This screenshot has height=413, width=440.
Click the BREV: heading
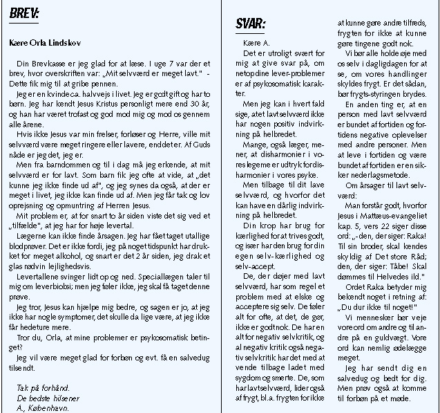click(24, 13)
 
